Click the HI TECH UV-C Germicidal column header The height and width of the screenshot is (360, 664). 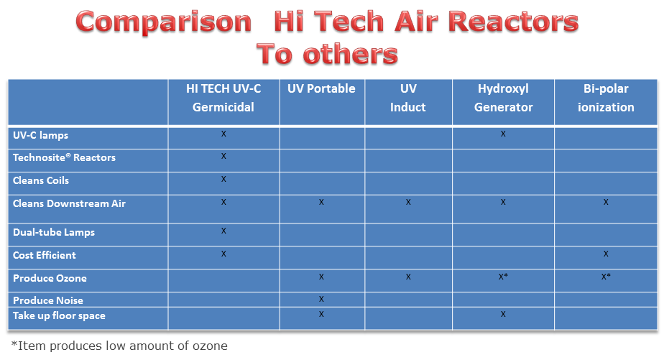(x=223, y=98)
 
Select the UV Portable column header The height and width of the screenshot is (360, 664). (x=321, y=88)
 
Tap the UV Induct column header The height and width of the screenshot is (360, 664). (x=407, y=98)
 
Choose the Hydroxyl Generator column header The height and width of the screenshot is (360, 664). (x=504, y=98)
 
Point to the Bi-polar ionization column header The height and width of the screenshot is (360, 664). (x=606, y=98)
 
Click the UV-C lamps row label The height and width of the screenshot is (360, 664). (x=41, y=136)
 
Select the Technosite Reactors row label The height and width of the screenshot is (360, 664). (x=64, y=157)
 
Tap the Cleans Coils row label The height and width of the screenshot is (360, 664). (x=41, y=180)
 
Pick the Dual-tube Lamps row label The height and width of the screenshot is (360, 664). (x=54, y=232)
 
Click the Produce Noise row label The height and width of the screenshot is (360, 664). (x=48, y=300)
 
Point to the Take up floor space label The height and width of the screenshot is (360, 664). (x=59, y=316)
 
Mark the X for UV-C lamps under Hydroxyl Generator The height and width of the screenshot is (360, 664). (x=503, y=134)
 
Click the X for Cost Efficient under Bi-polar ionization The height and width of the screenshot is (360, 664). (x=606, y=254)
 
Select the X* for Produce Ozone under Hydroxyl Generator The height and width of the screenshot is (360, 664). (x=503, y=277)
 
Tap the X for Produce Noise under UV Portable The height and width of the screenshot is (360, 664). (x=321, y=299)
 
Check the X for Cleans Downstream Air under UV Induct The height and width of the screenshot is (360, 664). (x=408, y=202)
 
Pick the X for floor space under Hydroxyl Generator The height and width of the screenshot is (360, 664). (x=503, y=314)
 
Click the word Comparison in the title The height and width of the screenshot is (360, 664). (x=163, y=22)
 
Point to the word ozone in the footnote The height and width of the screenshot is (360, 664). (x=210, y=346)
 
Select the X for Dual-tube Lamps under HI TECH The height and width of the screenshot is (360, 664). (x=223, y=231)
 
